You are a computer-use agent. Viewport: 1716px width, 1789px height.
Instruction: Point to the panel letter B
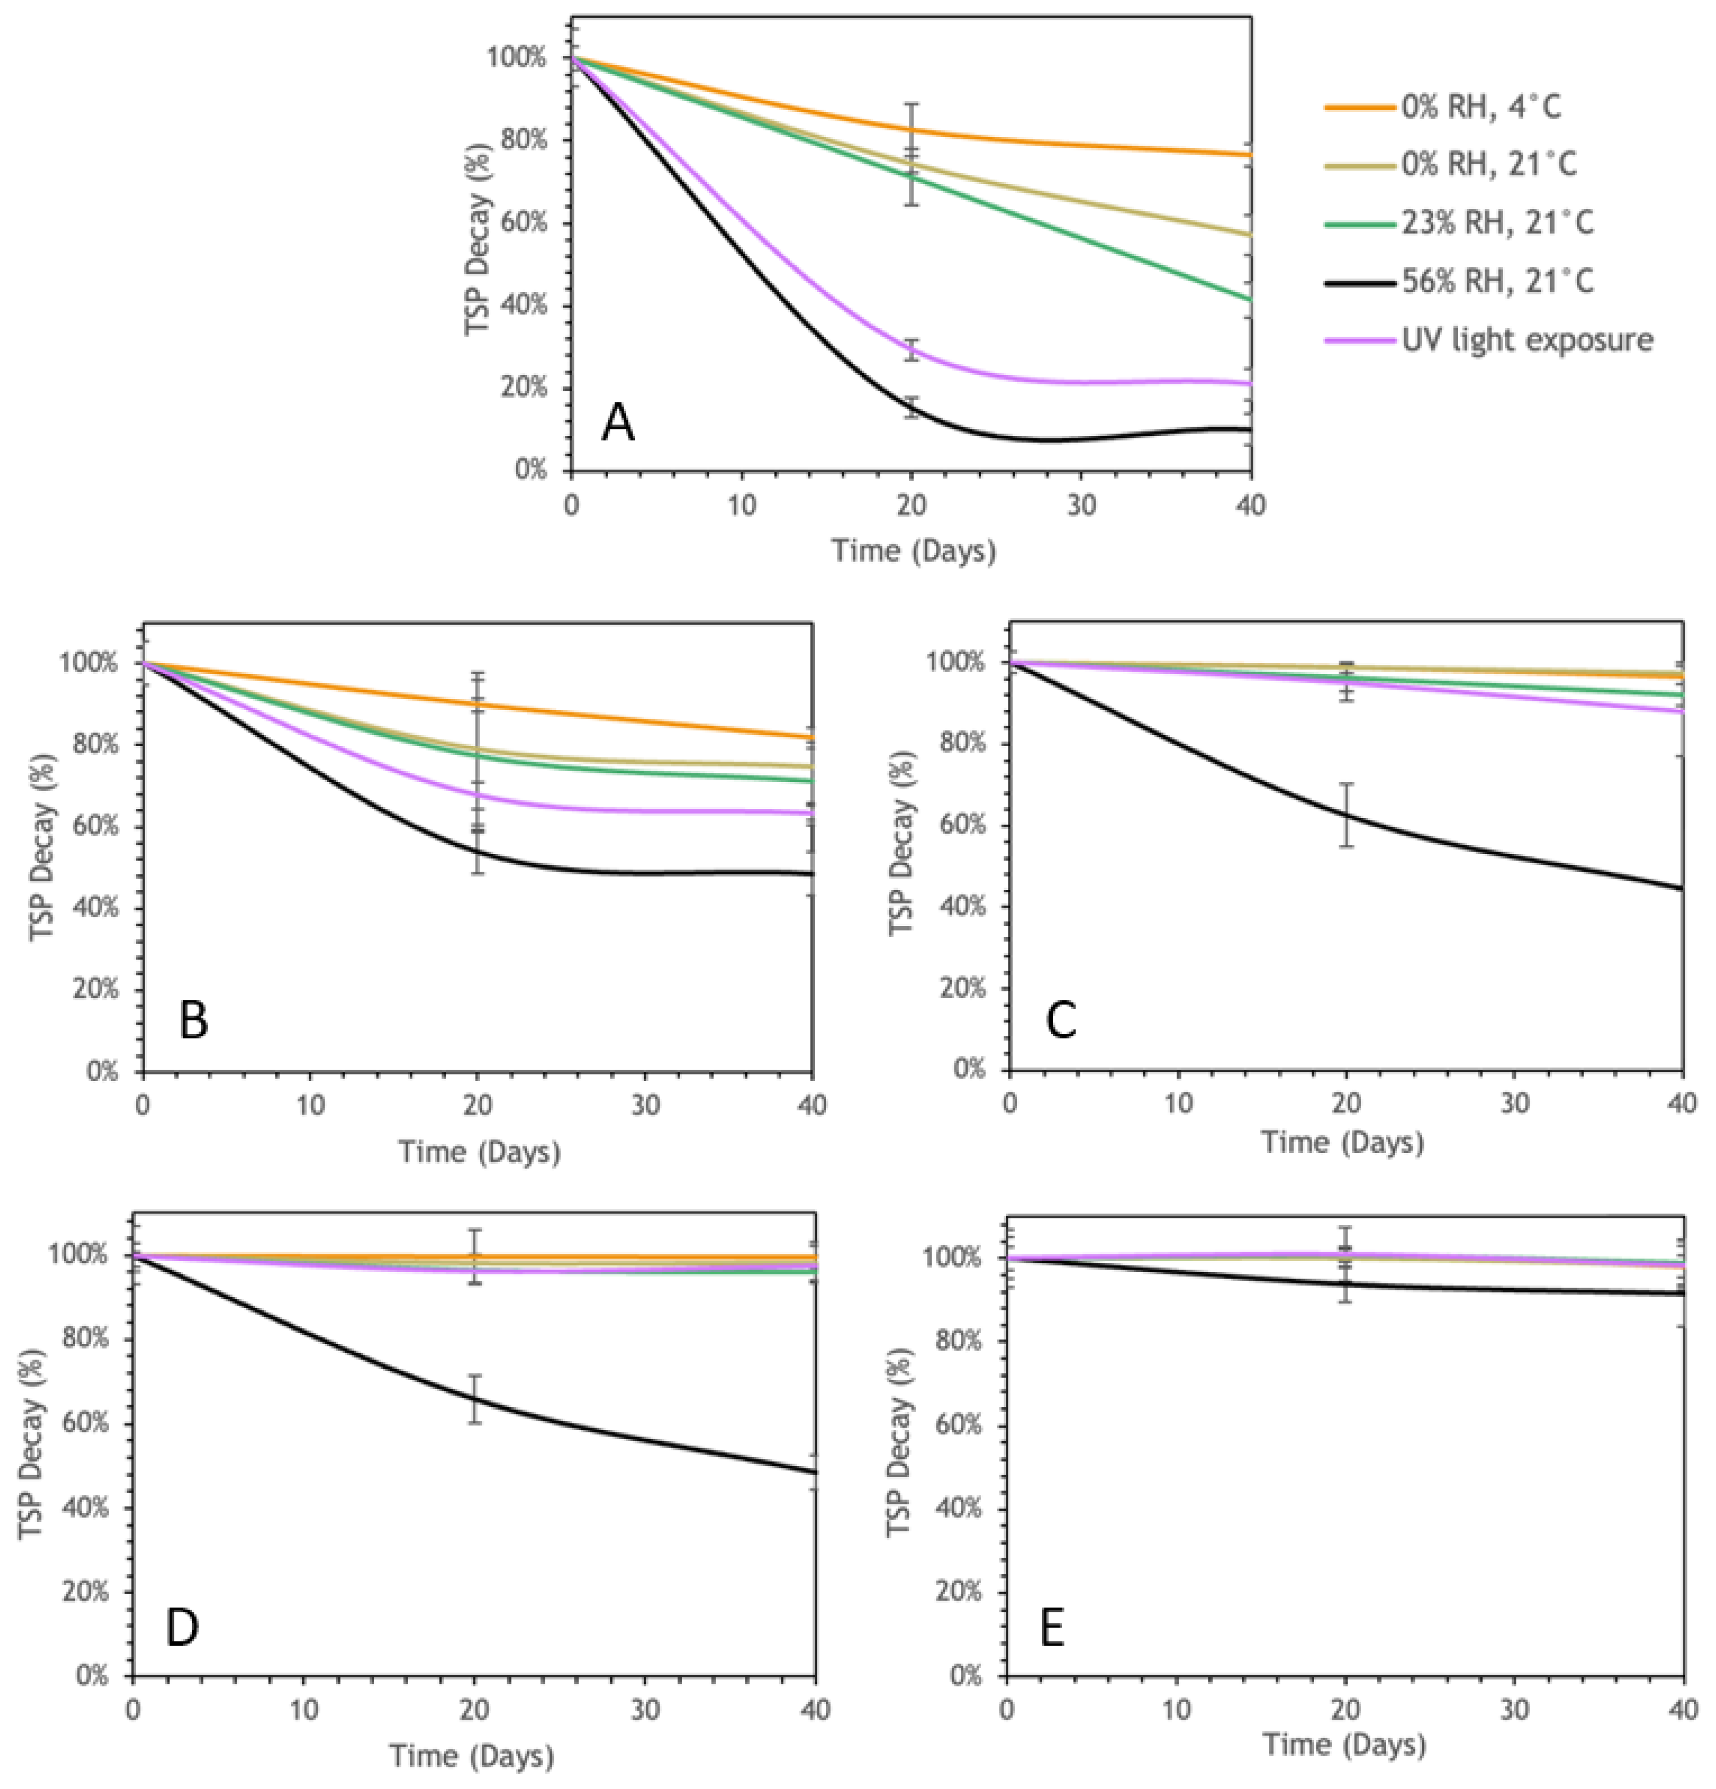coord(193,1019)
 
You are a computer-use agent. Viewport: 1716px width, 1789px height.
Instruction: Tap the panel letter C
coord(1061,1019)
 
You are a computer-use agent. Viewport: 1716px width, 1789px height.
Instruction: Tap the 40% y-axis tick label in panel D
coord(83,1508)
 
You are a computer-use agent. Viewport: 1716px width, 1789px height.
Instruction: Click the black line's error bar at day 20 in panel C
coord(1346,814)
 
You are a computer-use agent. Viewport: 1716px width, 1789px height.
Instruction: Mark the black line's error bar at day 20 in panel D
coord(474,1398)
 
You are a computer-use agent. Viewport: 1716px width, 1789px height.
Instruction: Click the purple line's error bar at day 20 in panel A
coord(911,349)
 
